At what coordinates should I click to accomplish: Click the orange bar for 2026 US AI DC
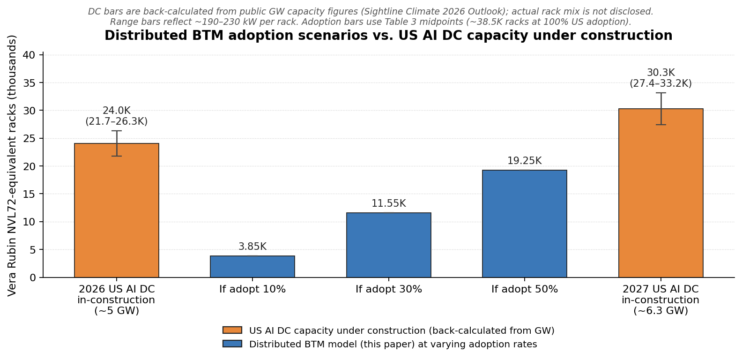(x=117, y=211)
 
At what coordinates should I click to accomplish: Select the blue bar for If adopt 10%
(x=252, y=267)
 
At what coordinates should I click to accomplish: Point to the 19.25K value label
(x=525, y=161)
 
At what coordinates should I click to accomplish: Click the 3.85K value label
(x=252, y=247)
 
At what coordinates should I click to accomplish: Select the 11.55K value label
(x=389, y=204)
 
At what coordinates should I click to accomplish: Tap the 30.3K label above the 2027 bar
(x=660, y=73)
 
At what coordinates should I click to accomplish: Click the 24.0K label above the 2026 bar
(x=117, y=111)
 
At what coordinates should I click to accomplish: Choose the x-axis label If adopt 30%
(x=389, y=290)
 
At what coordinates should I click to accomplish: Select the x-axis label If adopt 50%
(x=525, y=290)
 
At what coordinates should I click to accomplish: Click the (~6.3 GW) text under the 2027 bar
(x=660, y=311)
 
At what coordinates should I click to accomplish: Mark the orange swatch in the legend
(x=232, y=330)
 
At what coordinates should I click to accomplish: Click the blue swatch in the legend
(x=232, y=344)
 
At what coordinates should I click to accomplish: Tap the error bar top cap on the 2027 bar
(x=660, y=93)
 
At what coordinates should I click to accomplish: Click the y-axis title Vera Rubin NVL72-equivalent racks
(x=12, y=165)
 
